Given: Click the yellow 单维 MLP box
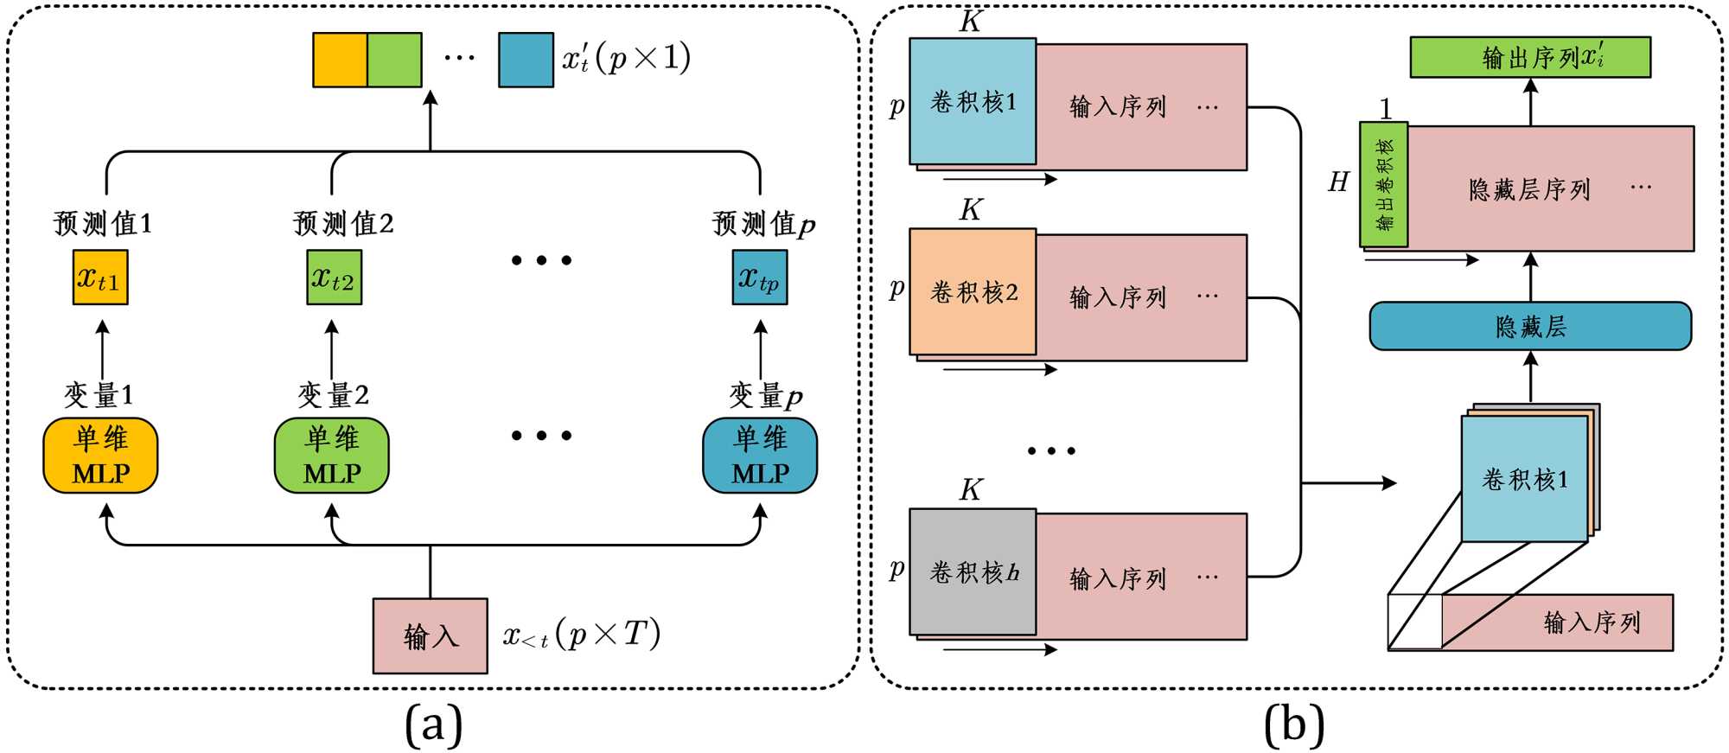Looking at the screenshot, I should [x=100, y=456].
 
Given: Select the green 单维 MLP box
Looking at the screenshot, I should [x=332, y=456].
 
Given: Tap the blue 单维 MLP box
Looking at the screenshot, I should [x=760, y=456].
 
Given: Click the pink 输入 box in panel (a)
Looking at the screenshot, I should [x=430, y=636].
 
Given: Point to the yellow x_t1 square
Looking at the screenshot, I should [x=100, y=278].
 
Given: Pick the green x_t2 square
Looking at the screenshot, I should [x=334, y=278].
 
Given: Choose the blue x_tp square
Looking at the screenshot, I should [x=760, y=278].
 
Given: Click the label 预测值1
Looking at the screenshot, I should [x=103, y=224].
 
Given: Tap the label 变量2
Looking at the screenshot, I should [x=334, y=395].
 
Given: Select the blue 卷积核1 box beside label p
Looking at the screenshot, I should [x=973, y=102].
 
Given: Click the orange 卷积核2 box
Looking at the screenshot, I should [x=973, y=292].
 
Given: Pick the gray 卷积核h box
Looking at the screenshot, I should [x=973, y=572].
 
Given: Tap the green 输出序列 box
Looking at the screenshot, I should [x=1530, y=57].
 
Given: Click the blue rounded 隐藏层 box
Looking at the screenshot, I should [x=1530, y=326].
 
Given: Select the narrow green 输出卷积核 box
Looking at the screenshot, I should [x=1383, y=184].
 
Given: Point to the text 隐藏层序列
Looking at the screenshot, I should [x=1529, y=189].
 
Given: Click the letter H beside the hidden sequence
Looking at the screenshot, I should [x=1338, y=182].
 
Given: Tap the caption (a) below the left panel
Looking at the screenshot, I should [x=433, y=724].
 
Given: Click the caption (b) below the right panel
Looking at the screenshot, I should [x=1293, y=724].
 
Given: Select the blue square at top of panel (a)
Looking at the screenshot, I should [x=526, y=60].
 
